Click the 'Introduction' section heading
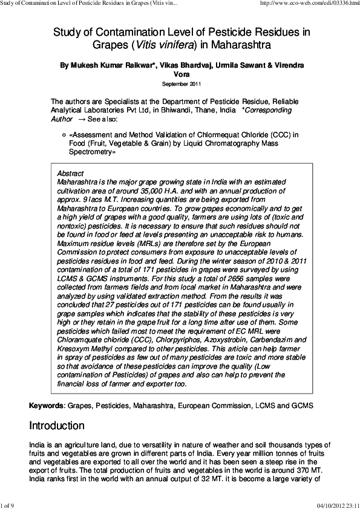pyautogui.click(x=57, y=426)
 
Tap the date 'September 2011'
pyautogui.click(x=180, y=84)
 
